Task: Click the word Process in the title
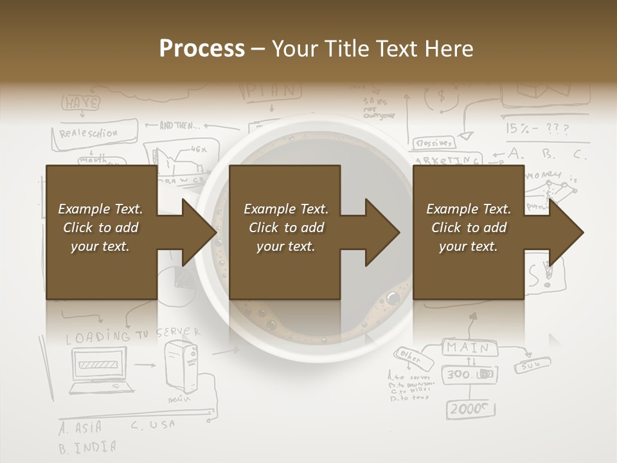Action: click(202, 48)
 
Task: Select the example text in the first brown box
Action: click(101, 228)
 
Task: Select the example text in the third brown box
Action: click(469, 228)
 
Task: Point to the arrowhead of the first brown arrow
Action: click(200, 232)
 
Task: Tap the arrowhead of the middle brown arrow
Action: click(383, 232)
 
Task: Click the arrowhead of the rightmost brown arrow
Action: click(567, 232)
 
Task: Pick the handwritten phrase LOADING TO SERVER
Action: click(132, 335)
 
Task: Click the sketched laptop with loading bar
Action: click(103, 370)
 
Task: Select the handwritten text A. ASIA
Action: click(80, 427)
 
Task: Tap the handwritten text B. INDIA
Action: click(87, 447)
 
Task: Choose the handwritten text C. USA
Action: click(153, 425)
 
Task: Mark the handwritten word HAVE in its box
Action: click(80, 103)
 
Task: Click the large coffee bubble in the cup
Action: click(392, 298)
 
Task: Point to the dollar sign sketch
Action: click(442, 96)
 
